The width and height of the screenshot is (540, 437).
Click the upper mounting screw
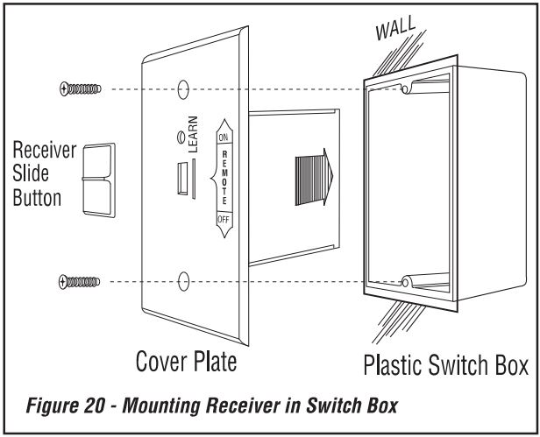80,88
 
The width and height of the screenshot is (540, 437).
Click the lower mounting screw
80,280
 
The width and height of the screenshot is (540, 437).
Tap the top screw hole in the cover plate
182,89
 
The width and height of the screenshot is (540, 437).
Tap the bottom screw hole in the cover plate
182,281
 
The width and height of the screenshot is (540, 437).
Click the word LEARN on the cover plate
193,133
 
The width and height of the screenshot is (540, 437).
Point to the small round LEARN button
181,137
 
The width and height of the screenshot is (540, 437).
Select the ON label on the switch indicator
224,137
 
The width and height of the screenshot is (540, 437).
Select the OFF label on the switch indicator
224,218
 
